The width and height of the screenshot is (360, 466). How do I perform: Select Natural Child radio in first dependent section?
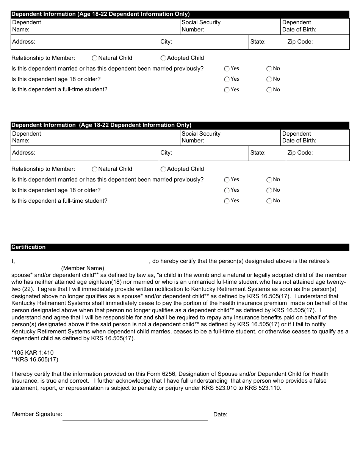(95, 58)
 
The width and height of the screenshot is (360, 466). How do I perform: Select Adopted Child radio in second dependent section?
(163, 169)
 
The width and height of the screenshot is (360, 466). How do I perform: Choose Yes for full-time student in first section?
(227, 90)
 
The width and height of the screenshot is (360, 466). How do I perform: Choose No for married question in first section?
(269, 69)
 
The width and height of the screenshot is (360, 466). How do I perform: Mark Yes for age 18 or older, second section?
(227, 191)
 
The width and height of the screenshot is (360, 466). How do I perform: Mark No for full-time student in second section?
(269, 201)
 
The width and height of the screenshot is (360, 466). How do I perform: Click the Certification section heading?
(28, 247)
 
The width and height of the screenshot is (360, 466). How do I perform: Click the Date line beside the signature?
(288, 416)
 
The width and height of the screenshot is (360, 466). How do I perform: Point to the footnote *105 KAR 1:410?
(33, 353)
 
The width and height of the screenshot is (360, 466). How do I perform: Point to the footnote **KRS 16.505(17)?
(35, 360)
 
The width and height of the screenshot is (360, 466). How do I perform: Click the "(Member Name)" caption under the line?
(83, 268)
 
